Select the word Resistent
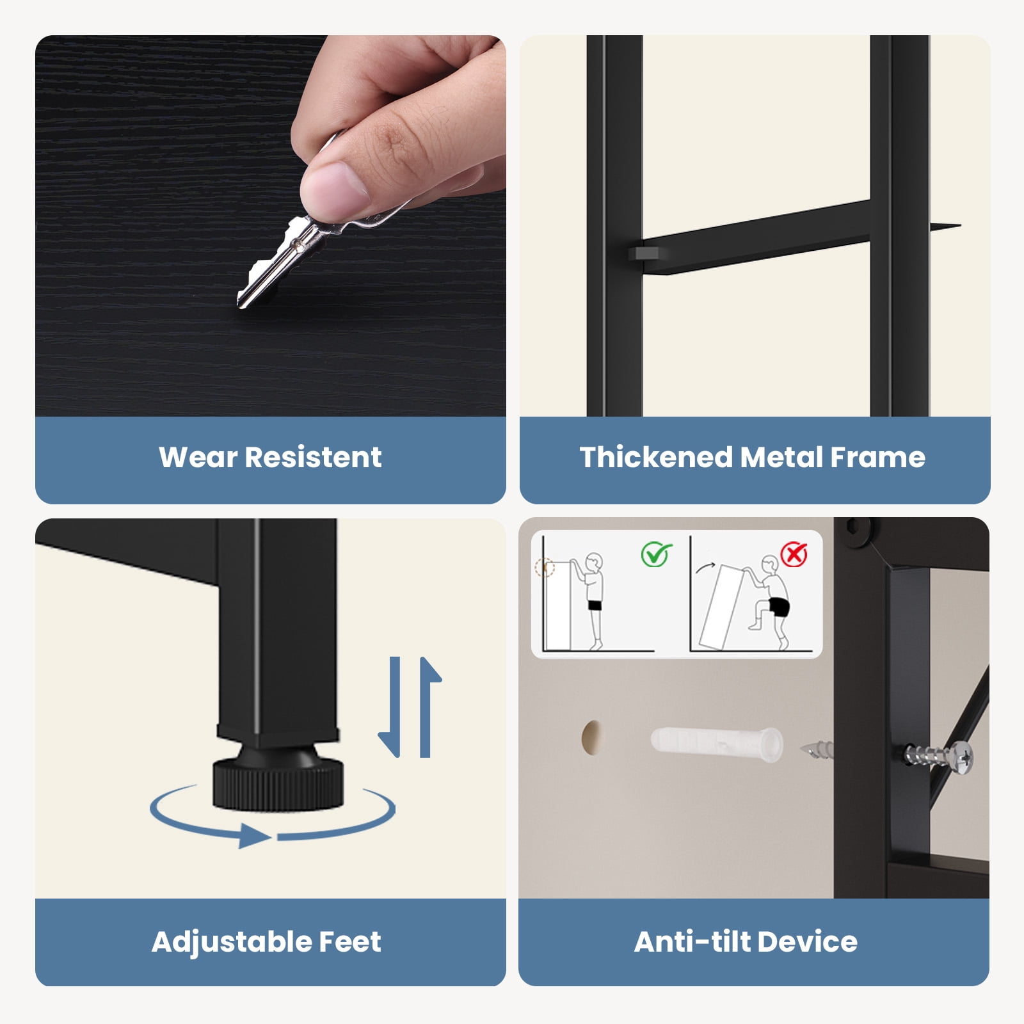(313, 458)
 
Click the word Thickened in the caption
(656, 458)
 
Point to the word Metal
(781, 458)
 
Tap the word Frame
(877, 458)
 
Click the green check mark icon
(656, 554)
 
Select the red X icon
(794, 554)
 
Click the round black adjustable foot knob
(278, 782)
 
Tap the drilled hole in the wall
(591, 737)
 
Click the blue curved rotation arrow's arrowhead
(254, 836)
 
